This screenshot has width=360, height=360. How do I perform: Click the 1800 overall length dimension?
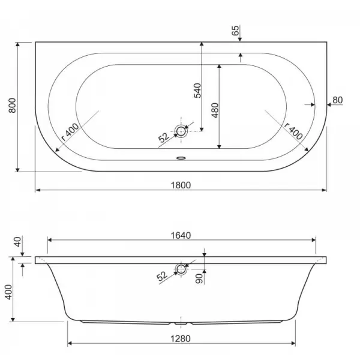[x=181, y=185]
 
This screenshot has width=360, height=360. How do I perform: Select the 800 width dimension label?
[x=13, y=106]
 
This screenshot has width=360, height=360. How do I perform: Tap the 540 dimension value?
[x=197, y=91]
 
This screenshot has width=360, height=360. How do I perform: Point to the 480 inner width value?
[x=215, y=110]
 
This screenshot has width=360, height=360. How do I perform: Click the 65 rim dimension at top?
[x=235, y=31]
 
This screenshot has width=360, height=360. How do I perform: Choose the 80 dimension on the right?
[x=337, y=100]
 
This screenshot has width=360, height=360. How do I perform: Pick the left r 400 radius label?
[x=70, y=132]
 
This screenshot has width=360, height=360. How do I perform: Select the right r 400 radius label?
[x=293, y=131]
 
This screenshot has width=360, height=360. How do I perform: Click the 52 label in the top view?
[x=164, y=137]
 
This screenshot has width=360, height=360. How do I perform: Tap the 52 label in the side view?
[x=162, y=276]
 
